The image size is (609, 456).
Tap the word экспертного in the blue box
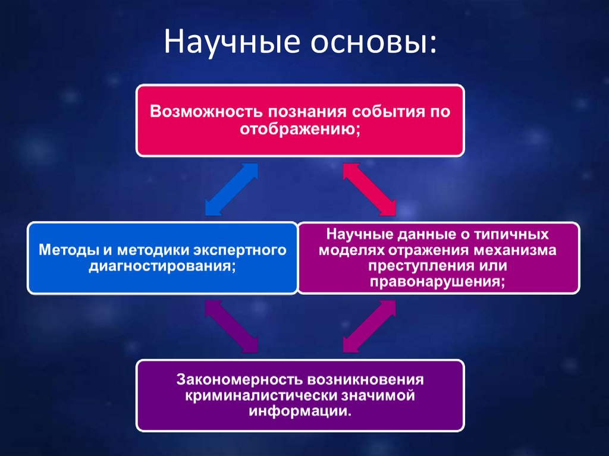[240, 250]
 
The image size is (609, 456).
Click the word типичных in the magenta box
[511, 234]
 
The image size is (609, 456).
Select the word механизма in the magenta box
[514, 250]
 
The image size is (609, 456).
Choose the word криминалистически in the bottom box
[261, 395]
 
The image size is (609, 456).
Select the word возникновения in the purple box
[365, 379]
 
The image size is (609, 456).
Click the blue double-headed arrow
[231, 189]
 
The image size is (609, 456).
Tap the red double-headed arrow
[369, 189]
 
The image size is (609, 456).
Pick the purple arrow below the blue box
[231, 326]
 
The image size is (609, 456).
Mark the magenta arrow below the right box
[369, 326]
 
